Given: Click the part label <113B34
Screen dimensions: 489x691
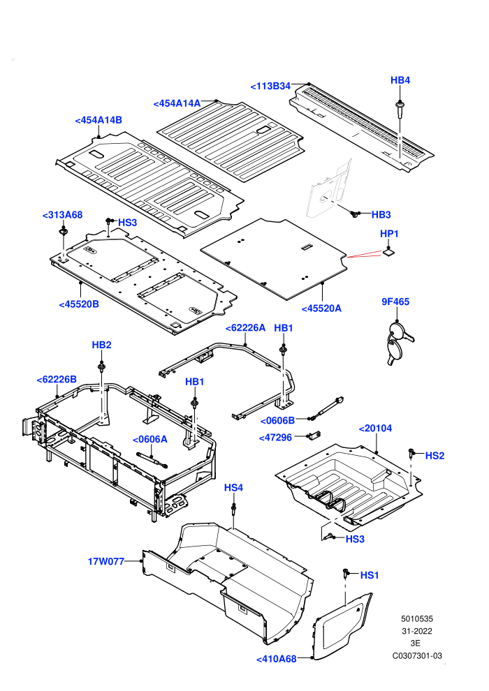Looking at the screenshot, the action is [x=270, y=87].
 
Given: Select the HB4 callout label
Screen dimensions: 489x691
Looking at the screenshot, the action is [x=400, y=80].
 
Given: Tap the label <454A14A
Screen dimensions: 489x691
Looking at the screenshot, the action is [x=177, y=103].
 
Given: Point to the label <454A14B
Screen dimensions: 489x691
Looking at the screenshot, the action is [x=98, y=120].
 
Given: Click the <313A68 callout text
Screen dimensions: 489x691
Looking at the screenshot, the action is [x=63, y=215].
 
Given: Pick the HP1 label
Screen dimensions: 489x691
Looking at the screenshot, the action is [x=389, y=234].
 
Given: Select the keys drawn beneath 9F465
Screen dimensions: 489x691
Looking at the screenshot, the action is [x=397, y=343].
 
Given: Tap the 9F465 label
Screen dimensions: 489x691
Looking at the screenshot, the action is [x=395, y=302].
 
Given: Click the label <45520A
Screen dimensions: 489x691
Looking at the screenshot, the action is [x=321, y=309].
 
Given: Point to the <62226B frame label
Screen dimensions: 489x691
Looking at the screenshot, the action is [x=57, y=380].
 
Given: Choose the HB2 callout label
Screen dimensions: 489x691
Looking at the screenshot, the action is [x=101, y=345].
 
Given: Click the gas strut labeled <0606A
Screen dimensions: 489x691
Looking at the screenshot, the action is [x=152, y=459].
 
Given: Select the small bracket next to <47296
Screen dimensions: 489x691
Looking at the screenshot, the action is [x=315, y=435].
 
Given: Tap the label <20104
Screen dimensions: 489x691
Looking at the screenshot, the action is [x=375, y=429].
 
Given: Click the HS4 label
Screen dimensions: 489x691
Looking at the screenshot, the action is [x=233, y=488].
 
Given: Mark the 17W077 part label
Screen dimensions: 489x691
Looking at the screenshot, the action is [x=105, y=561].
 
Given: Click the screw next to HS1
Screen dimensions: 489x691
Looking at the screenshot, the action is [x=346, y=572].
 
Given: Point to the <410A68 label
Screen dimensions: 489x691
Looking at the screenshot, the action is [x=277, y=660].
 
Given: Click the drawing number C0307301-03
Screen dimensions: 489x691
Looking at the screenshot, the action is [x=417, y=656].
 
